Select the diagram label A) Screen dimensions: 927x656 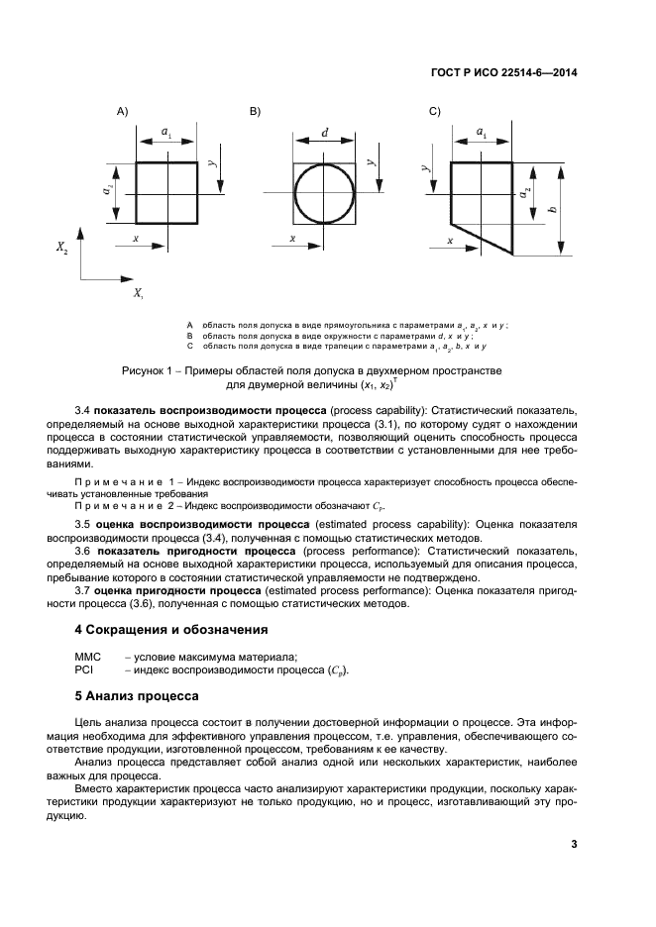pos(122,112)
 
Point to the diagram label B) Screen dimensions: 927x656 pos(255,112)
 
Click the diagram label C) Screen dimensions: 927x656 pos(434,112)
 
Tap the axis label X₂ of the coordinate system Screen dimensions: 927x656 pos(61,251)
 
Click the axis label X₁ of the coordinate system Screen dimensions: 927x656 pos(138,294)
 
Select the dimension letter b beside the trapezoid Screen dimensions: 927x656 pos(552,210)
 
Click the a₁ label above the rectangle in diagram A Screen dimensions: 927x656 pos(166,131)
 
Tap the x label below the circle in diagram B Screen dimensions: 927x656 pos(292,239)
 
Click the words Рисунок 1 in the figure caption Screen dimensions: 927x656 pos(148,370)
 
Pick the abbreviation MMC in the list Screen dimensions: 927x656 pos(89,656)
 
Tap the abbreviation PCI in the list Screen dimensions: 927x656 pos(84,669)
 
